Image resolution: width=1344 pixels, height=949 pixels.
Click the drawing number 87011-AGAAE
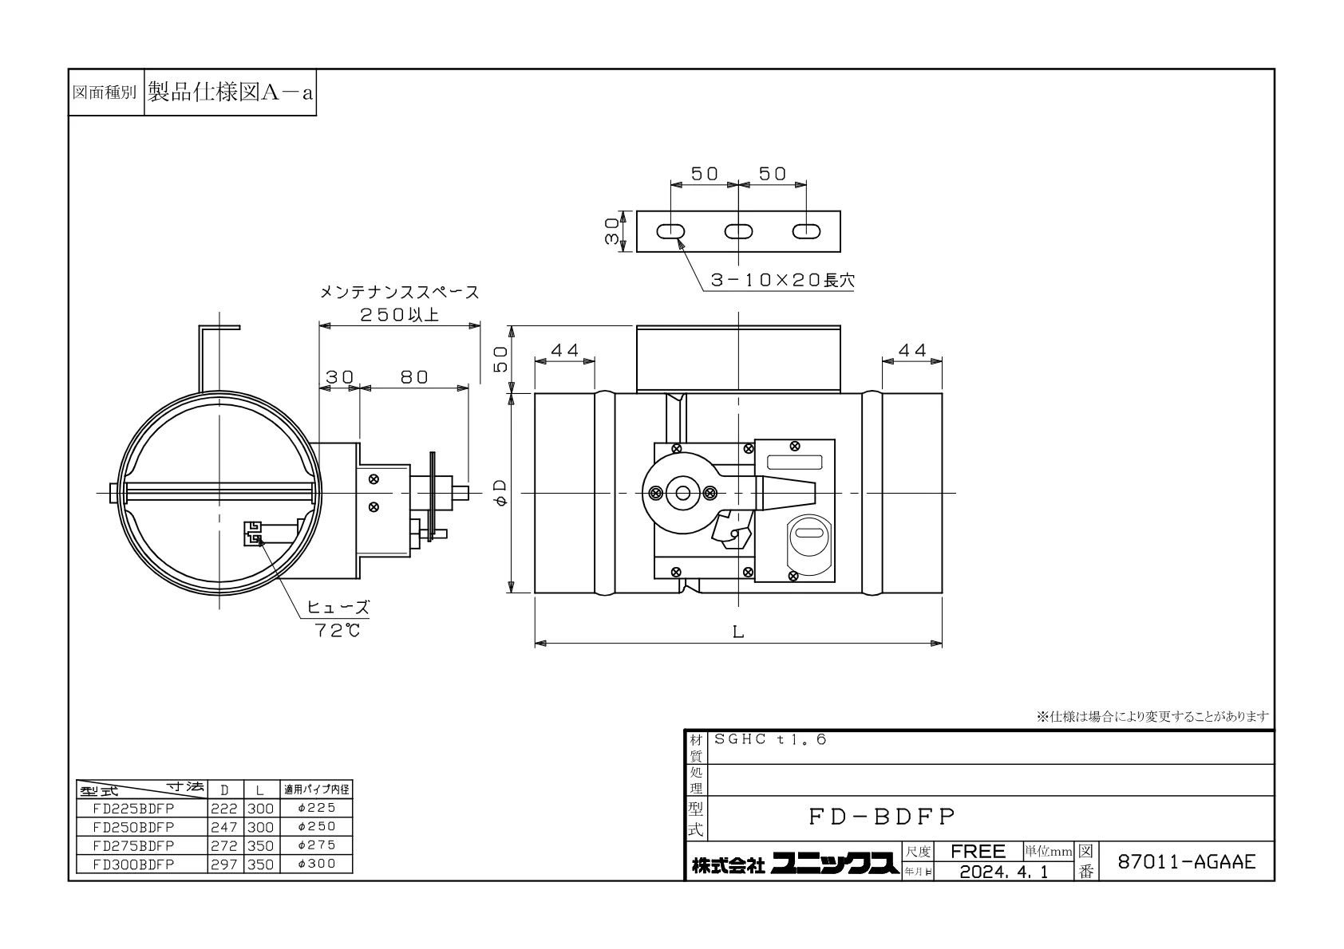pos(1186,861)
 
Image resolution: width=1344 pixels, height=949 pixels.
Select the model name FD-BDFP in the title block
pos(881,817)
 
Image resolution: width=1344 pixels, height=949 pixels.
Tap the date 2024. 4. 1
pos(1004,872)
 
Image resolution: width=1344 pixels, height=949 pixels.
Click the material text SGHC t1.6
pos(770,739)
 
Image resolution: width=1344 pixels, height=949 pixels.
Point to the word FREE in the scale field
pos(978,851)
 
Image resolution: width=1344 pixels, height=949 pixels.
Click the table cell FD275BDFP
pos(133,845)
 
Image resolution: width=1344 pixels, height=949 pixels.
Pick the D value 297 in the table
pos(223,864)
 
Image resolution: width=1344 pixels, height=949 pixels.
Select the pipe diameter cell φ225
pos(316,808)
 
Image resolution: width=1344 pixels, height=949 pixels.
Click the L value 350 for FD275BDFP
pos(260,846)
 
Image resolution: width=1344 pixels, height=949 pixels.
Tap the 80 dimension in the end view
pos(414,377)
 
